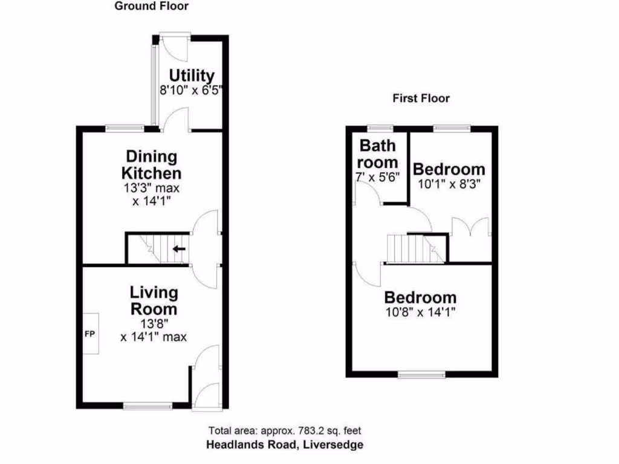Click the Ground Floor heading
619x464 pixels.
(x=151, y=7)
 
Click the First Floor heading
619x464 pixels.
(x=421, y=98)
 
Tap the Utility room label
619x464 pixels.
(x=192, y=76)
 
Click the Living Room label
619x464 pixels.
(x=154, y=301)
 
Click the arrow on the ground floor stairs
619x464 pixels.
(x=179, y=248)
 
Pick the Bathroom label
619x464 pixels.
(x=378, y=153)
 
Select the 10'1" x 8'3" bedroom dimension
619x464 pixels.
(x=449, y=182)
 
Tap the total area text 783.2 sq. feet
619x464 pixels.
(x=285, y=431)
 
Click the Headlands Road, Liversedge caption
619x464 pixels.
(x=285, y=445)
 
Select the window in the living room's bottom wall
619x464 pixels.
(x=147, y=406)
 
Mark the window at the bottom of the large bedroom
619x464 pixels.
(x=421, y=375)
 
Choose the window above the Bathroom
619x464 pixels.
(x=380, y=128)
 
